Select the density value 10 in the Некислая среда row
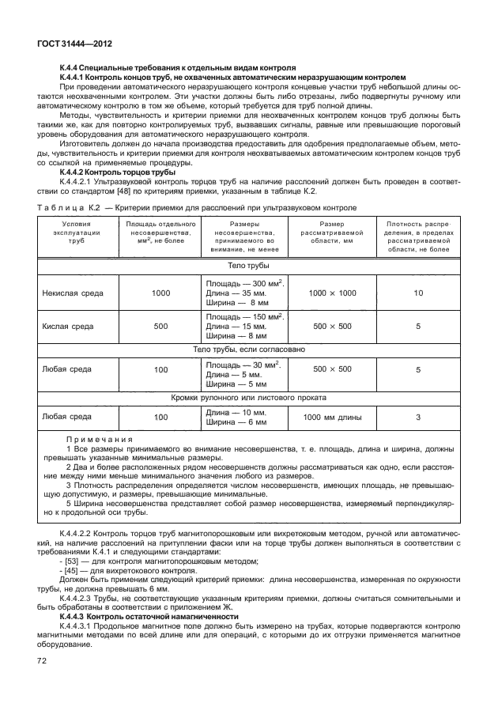tap(418, 293)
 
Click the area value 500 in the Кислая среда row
tap(160, 325)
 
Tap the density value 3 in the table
tap(418, 417)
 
